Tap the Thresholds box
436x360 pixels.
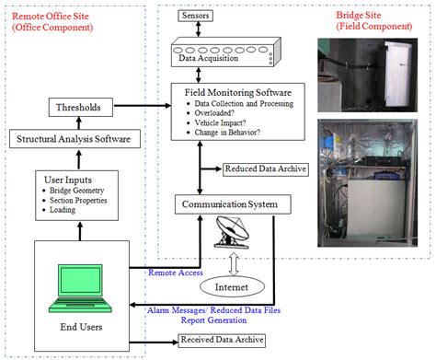[79, 108]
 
